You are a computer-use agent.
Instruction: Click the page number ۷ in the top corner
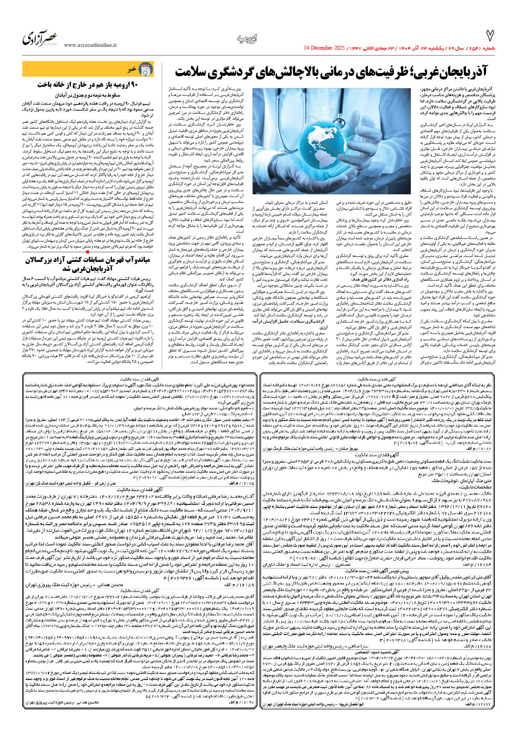click(490, 36)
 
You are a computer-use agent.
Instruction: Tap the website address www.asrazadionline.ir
click(91, 45)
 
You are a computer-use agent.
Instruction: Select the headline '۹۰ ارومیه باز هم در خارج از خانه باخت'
click(88, 84)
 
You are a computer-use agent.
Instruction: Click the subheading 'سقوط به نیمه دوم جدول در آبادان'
click(88, 95)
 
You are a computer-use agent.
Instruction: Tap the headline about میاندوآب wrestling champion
click(88, 264)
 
